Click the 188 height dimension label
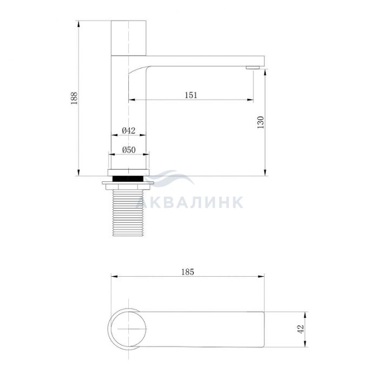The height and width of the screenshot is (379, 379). [74, 98]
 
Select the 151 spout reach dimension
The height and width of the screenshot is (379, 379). [191, 95]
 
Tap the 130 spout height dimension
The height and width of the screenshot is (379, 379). [261, 122]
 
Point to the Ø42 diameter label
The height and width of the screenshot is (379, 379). [129, 131]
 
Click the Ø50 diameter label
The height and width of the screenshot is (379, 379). [129, 150]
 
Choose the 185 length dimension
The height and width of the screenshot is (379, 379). [187, 272]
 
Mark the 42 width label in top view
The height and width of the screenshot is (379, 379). [300, 329]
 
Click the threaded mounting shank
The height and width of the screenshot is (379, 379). [128, 213]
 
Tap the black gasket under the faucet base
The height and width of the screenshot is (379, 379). [128, 179]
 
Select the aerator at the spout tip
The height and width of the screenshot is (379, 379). [253, 68]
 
